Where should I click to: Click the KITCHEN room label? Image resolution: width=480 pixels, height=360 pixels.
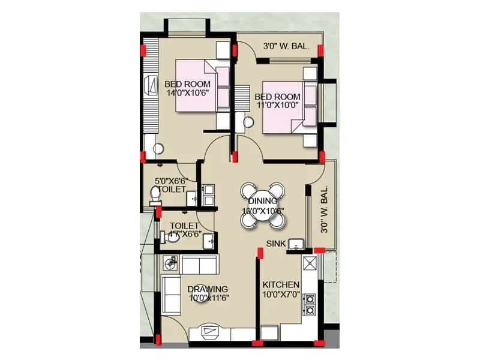tap(281, 284)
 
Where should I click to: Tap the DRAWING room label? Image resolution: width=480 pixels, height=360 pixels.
tap(207, 289)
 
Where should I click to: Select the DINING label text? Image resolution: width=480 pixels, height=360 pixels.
tap(262, 201)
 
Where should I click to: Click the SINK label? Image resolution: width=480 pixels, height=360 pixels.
tap(276, 244)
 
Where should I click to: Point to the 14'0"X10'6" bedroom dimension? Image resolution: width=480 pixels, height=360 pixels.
tap(187, 92)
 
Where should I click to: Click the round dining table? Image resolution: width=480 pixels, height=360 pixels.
tap(262, 205)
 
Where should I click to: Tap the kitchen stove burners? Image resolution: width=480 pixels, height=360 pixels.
tap(311, 304)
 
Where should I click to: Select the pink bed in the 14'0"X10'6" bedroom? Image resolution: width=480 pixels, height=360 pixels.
tap(195, 85)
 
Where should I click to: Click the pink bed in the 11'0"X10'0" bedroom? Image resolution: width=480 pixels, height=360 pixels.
tap(283, 107)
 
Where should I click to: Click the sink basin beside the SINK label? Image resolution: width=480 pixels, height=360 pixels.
tap(295, 244)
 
